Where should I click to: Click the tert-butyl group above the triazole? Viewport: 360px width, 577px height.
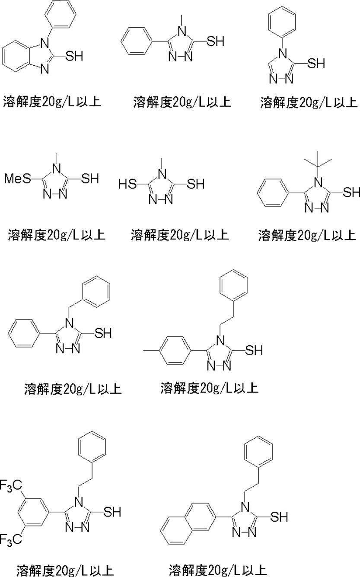318,160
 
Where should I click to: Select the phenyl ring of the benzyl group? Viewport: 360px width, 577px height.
96,292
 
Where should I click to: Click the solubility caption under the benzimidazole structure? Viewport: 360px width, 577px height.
51,102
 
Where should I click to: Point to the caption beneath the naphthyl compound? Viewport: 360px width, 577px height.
218,569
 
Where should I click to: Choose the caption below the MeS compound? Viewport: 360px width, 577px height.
56,235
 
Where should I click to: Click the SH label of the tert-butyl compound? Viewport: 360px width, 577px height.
351,192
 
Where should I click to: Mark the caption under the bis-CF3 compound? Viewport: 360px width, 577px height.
64,570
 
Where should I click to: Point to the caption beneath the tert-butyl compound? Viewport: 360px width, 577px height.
307,235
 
